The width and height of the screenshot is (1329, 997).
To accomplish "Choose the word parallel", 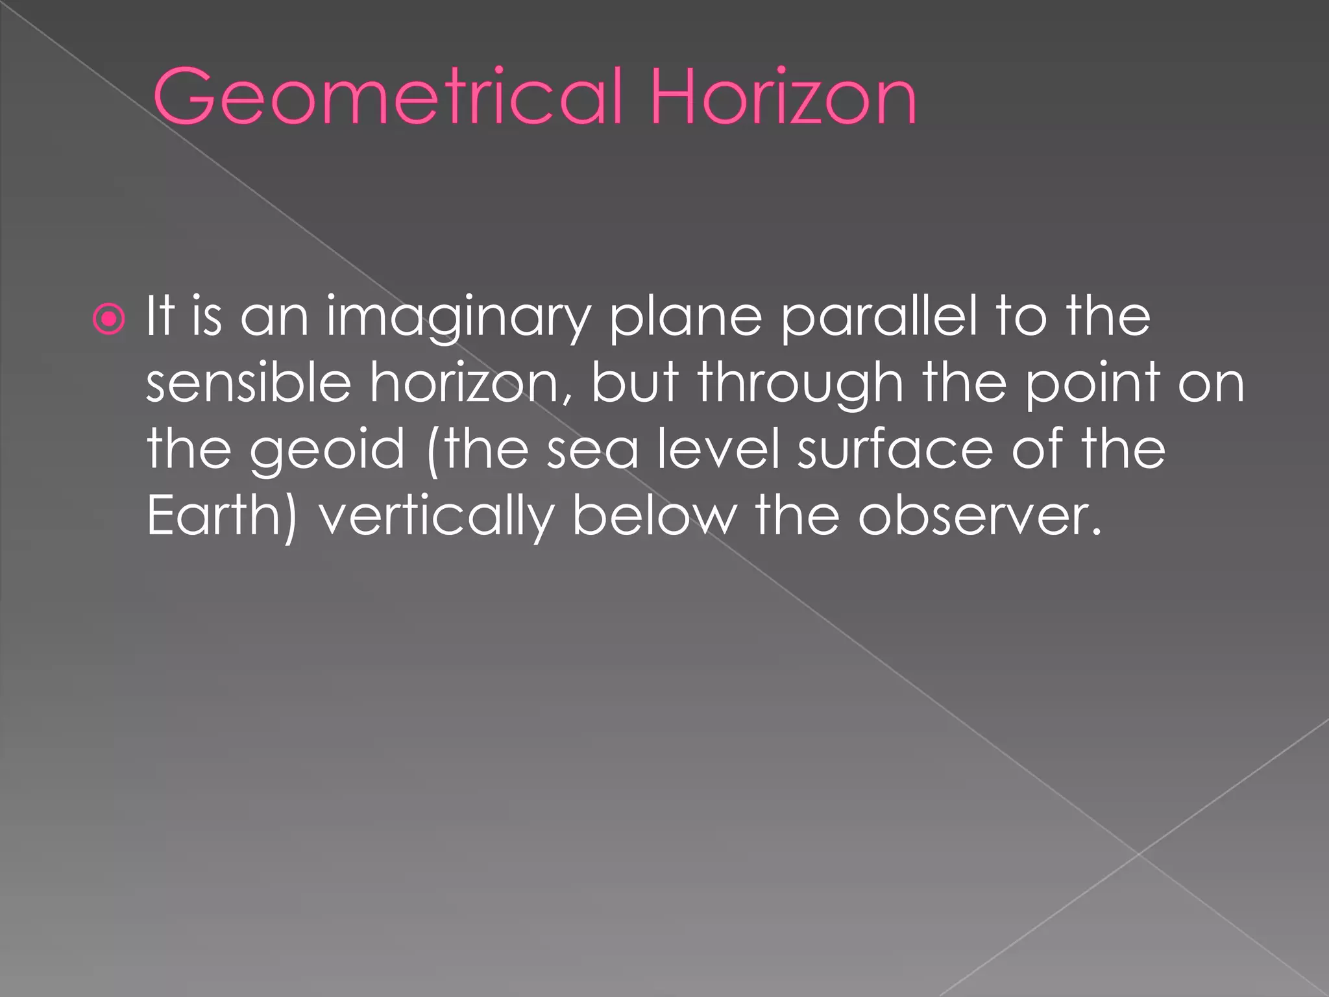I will [879, 316].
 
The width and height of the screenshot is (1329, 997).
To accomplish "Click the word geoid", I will [327, 450].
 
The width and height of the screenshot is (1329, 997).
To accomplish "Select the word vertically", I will [435, 517].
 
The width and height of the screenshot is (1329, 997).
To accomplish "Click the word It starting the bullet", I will [160, 316].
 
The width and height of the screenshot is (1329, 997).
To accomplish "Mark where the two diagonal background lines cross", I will [1139, 854].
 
